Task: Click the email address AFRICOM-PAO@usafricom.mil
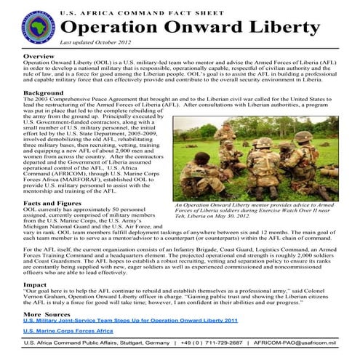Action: (297, 343)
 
